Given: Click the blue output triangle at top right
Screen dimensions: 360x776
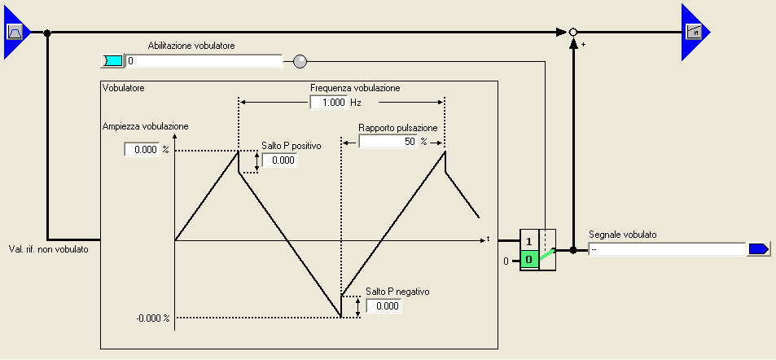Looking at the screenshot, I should [693, 33].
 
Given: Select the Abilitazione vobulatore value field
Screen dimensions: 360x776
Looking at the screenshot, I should [204, 61].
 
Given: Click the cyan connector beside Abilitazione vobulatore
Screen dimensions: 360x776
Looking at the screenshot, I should [112, 61].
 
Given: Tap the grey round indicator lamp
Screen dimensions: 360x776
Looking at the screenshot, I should [300, 61].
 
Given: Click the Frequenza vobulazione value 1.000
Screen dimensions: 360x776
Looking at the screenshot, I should [328, 103].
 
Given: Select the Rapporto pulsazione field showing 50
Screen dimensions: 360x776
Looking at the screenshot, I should [388, 142].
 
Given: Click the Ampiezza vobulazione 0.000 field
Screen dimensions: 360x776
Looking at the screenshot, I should [141, 150].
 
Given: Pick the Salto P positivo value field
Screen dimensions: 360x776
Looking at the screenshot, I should [279, 160].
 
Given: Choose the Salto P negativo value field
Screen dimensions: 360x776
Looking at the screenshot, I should [384, 306].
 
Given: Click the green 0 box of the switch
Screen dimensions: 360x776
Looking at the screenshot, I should [529, 261].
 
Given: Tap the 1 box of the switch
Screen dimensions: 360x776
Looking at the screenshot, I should [529, 242].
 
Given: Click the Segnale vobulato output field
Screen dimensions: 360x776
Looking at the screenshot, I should [666, 249].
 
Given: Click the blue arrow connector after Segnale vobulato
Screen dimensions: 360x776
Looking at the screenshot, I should [758, 249].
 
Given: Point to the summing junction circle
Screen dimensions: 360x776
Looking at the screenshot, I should [573, 33].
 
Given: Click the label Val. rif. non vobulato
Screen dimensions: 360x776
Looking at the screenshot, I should [48, 249].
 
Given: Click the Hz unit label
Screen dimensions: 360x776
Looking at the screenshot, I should [356, 103].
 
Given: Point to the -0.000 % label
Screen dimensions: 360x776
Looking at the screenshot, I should [152, 318].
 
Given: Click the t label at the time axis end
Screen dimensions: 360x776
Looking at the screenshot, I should [488, 238].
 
